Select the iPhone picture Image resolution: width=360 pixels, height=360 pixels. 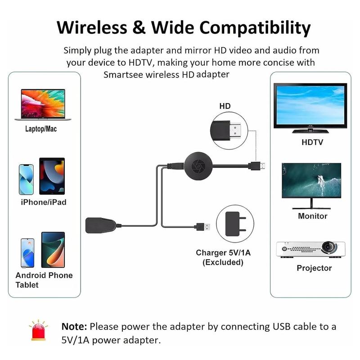click(27, 179)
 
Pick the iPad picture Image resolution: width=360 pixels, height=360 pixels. click(52, 176)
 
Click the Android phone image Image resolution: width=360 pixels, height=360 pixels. click(27, 252)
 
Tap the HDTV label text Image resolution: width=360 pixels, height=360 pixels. click(312, 143)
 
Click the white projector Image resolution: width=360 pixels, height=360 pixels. click(310, 249)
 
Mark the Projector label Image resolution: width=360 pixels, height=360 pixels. click(314, 268)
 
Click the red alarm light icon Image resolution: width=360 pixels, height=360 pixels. click(39, 331)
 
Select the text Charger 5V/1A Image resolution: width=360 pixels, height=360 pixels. click(223, 253)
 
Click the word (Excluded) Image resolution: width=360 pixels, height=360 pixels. click(223, 262)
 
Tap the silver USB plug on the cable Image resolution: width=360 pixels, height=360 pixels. click(203, 226)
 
